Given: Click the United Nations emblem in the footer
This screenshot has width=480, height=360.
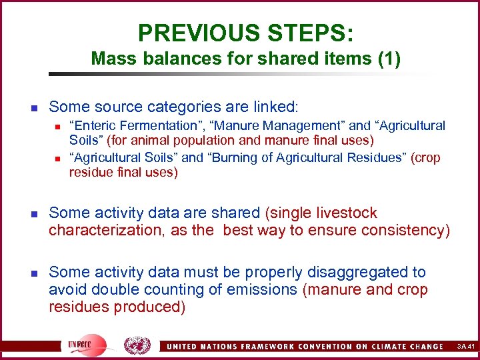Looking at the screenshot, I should click(x=137, y=345).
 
